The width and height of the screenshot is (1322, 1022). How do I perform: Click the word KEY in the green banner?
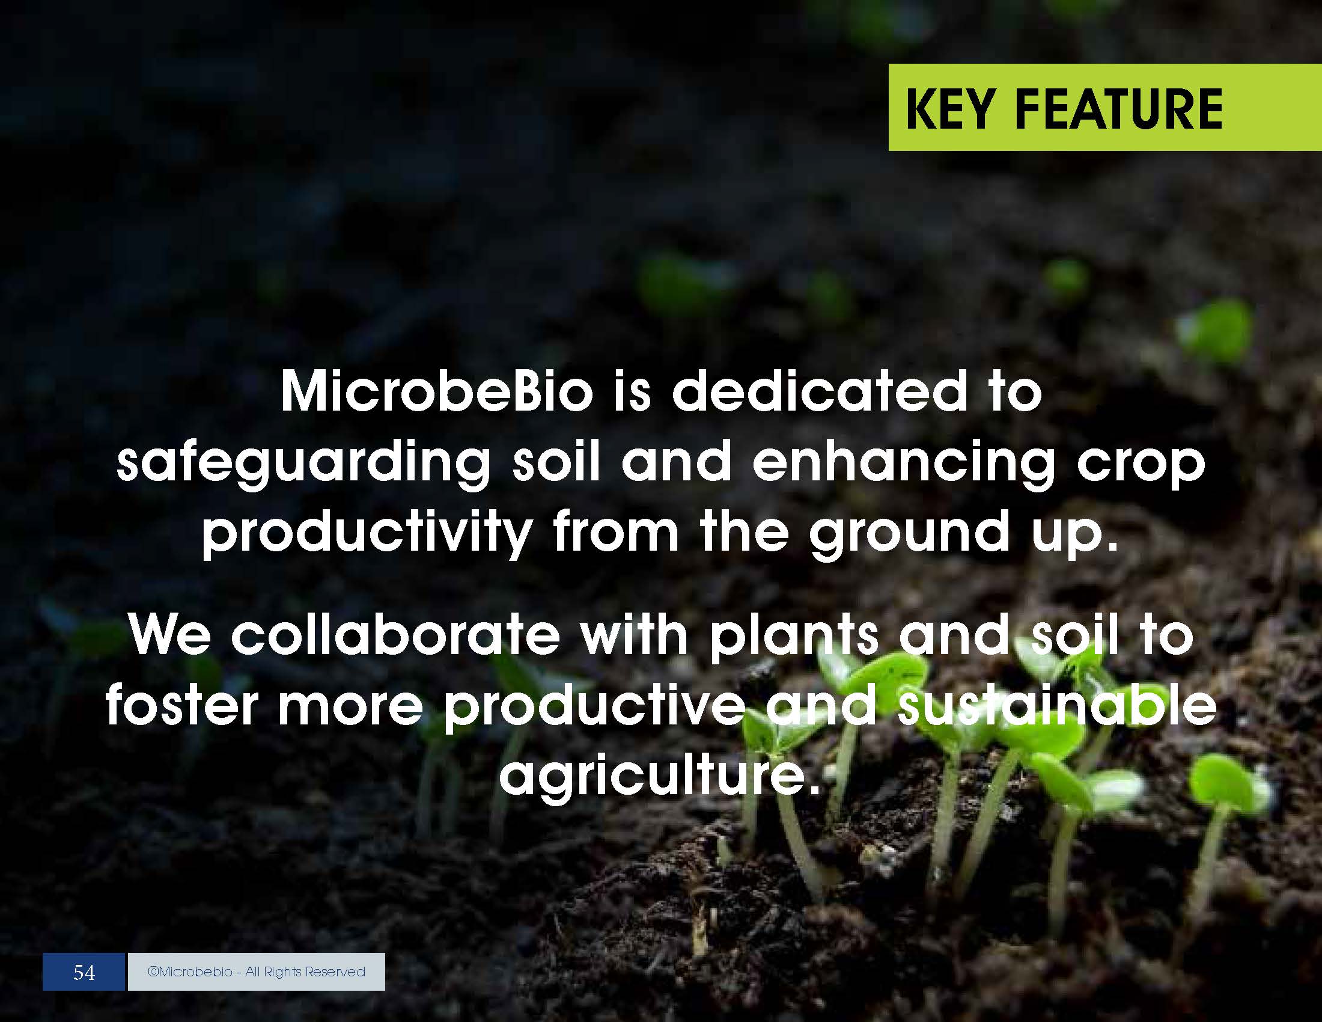pyautogui.click(x=951, y=109)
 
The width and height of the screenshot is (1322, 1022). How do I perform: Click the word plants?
pyautogui.click(x=794, y=637)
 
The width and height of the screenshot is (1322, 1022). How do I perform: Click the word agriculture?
pyautogui.click(x=660, y=777)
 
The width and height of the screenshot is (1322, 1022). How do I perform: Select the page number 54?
pyautogui.click(x=84, y=972)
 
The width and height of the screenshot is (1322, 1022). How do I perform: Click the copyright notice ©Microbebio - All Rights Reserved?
pyautogui.click(x=257, y=972)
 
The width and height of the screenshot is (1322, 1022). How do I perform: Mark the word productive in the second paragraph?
pyautogui.click(x=594, y=707)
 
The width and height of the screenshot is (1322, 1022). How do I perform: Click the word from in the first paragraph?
pyautogui.click(x=615, y=531)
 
